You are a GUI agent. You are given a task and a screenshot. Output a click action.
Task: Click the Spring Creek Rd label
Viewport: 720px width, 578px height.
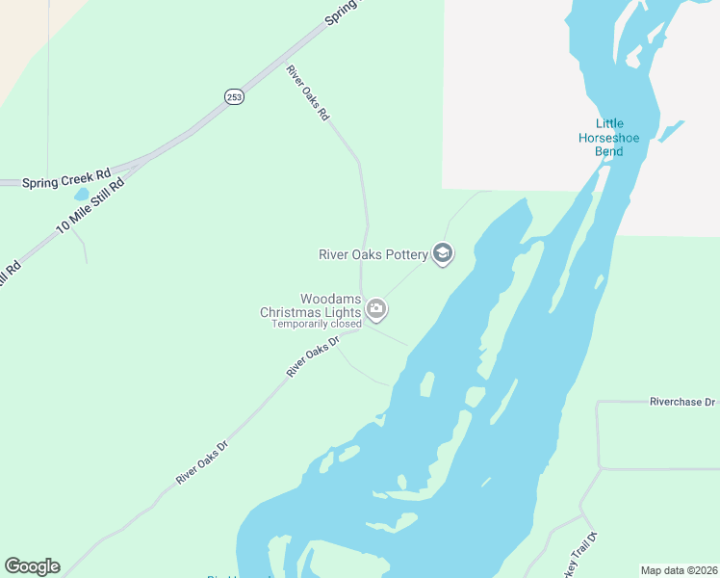tap(66, 179)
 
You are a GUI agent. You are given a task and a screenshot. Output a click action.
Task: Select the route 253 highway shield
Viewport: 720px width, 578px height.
tap(234, 96)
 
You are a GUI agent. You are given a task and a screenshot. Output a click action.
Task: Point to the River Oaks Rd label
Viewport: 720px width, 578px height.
tap(308, 92)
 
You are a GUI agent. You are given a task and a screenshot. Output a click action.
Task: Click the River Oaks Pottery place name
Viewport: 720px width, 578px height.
tap(373, 255)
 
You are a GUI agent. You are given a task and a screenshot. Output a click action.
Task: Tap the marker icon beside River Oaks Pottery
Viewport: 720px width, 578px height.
tap(443, 254)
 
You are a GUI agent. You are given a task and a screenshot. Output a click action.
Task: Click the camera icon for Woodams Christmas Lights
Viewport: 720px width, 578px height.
tap(377, 310)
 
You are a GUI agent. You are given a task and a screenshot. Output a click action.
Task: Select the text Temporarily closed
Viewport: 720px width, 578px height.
tap(317, 324)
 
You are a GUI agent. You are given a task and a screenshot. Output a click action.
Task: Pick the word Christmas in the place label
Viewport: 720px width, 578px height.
tap(296, 312)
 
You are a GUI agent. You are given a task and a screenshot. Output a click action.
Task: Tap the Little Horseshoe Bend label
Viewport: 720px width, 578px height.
tap(609, 138)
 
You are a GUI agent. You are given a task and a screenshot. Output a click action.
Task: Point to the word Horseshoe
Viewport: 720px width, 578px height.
tap(609, 138)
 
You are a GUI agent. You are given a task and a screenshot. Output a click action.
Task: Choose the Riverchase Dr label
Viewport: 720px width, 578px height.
tap(683, 401)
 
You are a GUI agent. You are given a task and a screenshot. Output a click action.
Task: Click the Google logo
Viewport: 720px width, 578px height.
tap(32, 566)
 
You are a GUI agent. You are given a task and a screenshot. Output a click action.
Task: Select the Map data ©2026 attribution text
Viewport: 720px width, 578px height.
tap(679, 570)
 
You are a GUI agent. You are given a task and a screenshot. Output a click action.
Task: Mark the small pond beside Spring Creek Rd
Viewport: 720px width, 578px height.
tap(81, 194)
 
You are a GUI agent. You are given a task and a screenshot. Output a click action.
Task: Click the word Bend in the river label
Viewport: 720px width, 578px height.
tap(609, 152)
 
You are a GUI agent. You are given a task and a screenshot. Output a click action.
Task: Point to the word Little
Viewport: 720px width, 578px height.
tap(609, 123)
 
